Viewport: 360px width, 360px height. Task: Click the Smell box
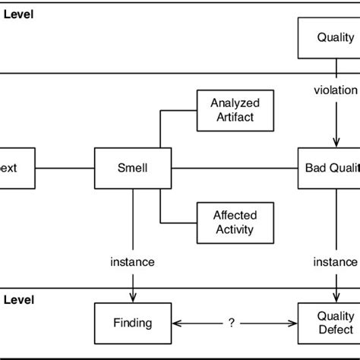[x=133, y=168]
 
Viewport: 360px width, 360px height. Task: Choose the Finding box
[x=133, y=323]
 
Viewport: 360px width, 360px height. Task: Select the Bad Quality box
[x=330, y=168]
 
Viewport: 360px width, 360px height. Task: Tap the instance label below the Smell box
[x=133, y=262]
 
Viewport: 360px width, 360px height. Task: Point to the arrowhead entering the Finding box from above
[x=133, y=298]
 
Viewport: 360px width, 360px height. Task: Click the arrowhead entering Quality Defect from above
[x=335, y=298]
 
